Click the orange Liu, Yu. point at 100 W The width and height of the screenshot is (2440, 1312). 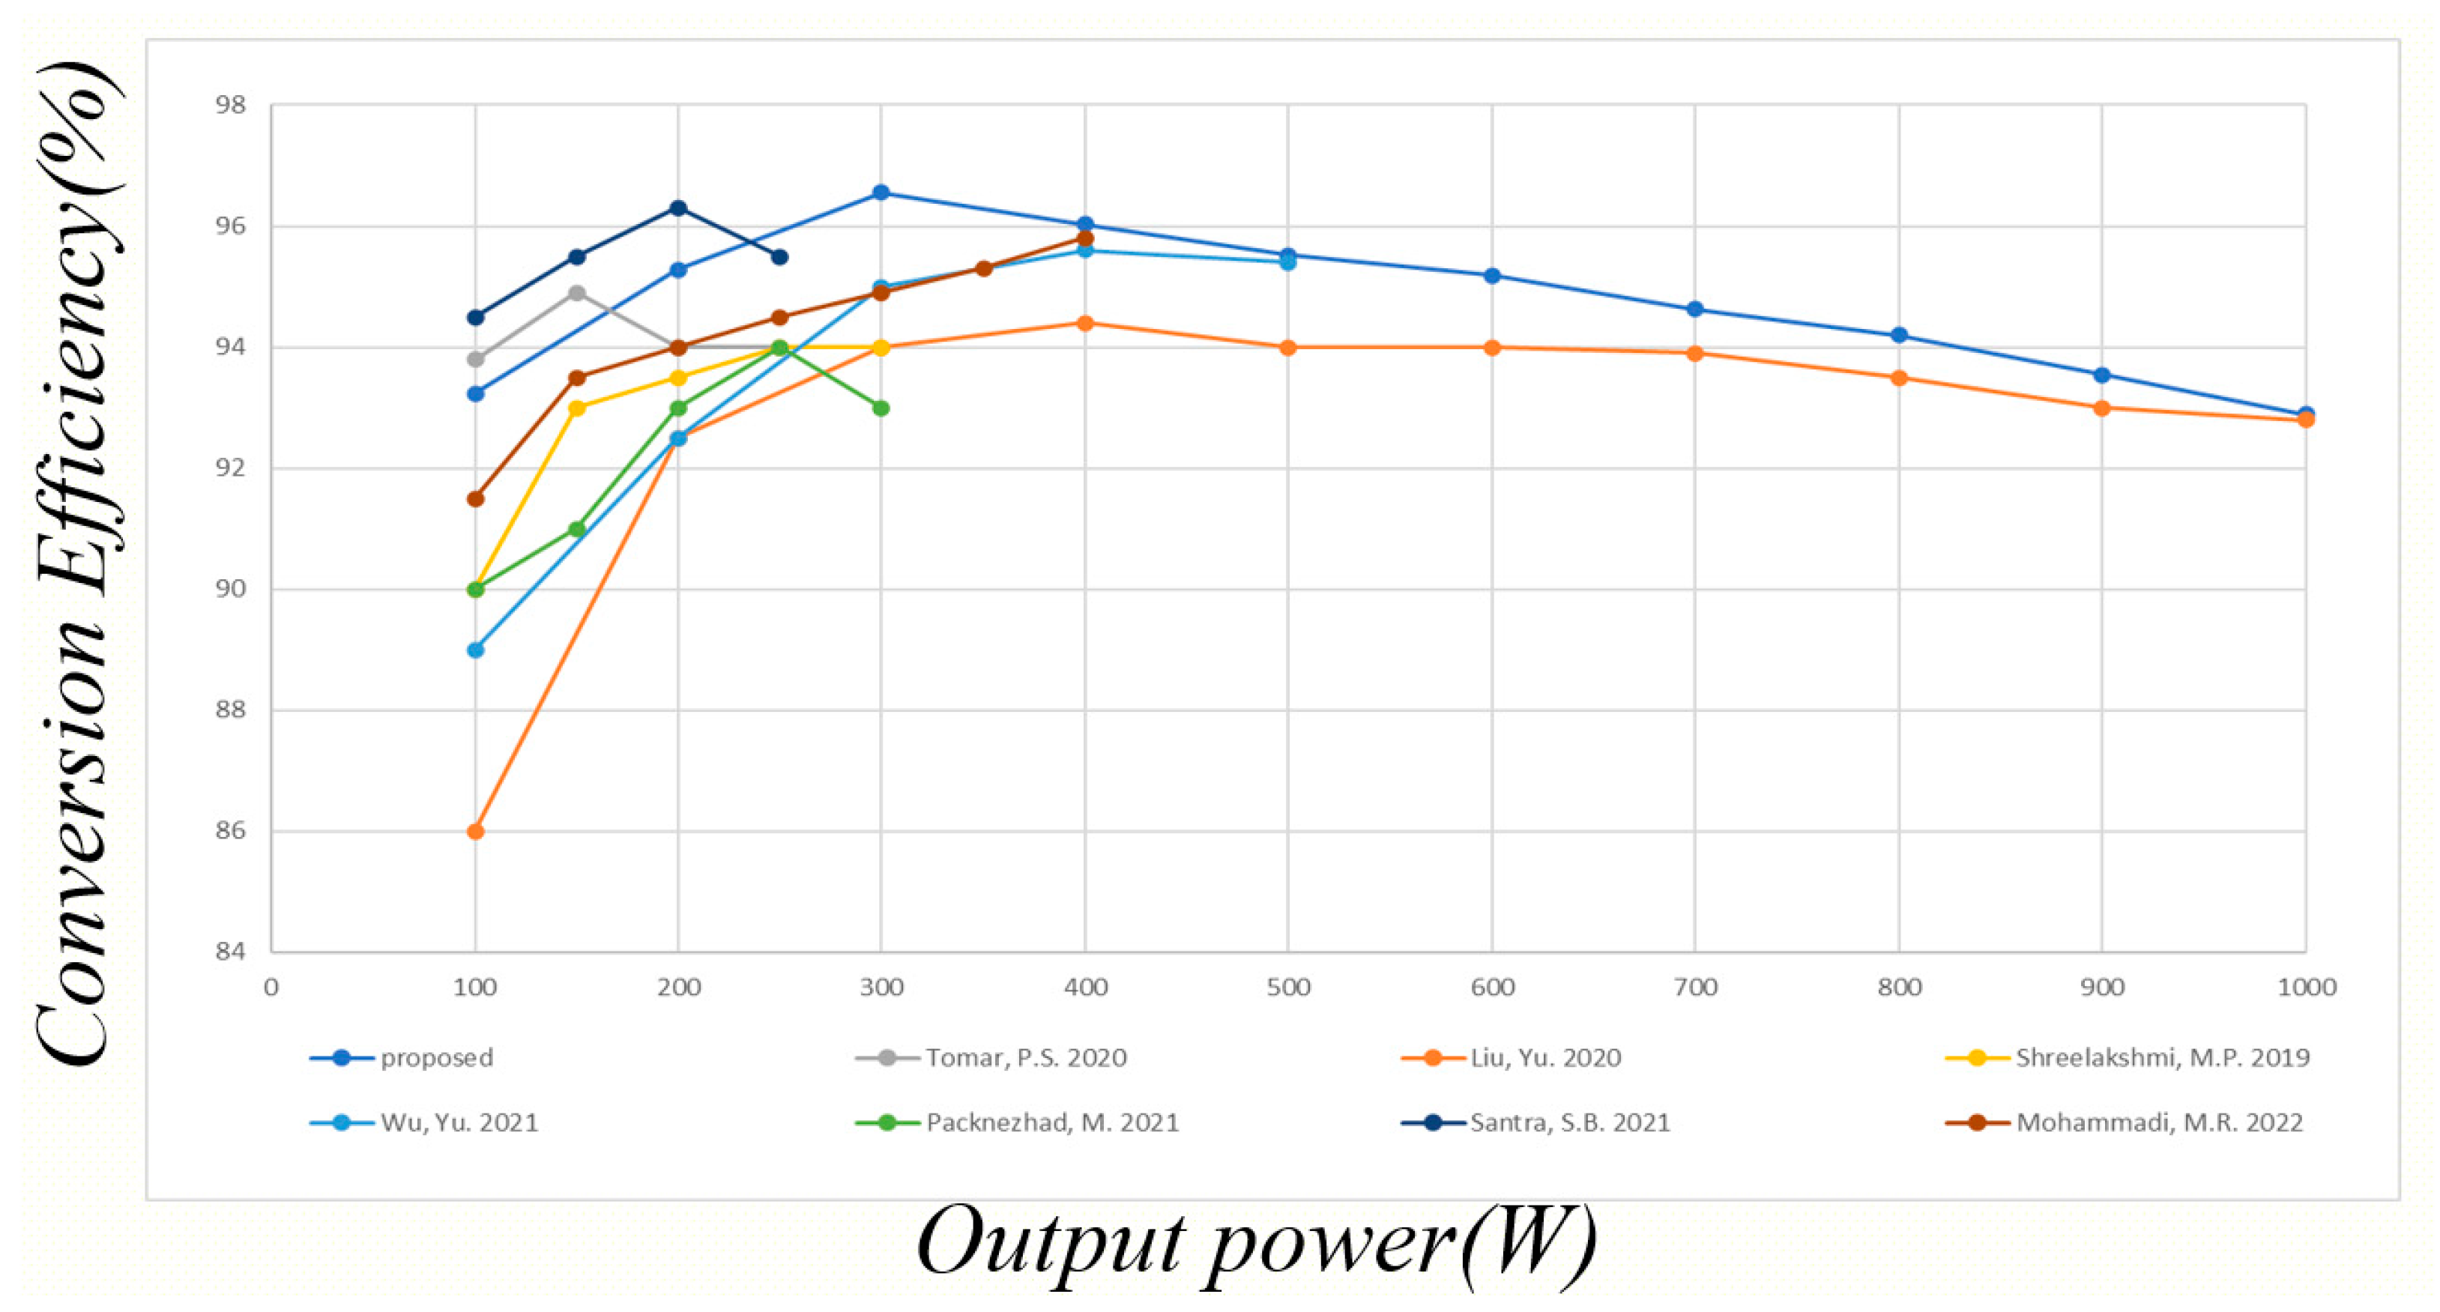476,831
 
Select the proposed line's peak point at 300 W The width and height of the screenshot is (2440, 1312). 881,193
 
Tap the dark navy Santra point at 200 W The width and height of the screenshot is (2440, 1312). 678,208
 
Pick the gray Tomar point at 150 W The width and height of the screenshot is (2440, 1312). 577,293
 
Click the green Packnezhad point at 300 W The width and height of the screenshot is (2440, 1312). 881,408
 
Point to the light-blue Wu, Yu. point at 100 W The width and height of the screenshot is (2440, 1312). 476,650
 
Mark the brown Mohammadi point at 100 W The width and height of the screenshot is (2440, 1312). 476,498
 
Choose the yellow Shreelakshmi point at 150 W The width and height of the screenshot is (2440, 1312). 577,408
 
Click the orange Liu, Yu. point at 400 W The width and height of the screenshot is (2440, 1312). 1086,323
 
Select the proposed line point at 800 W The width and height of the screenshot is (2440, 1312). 1898,336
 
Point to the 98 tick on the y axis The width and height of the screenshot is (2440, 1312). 230,105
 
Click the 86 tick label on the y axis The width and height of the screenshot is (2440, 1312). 230,831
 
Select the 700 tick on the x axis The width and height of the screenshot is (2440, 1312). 1694,987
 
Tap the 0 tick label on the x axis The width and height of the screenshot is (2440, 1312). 272,987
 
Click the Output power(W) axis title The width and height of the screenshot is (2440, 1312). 1256,1245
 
